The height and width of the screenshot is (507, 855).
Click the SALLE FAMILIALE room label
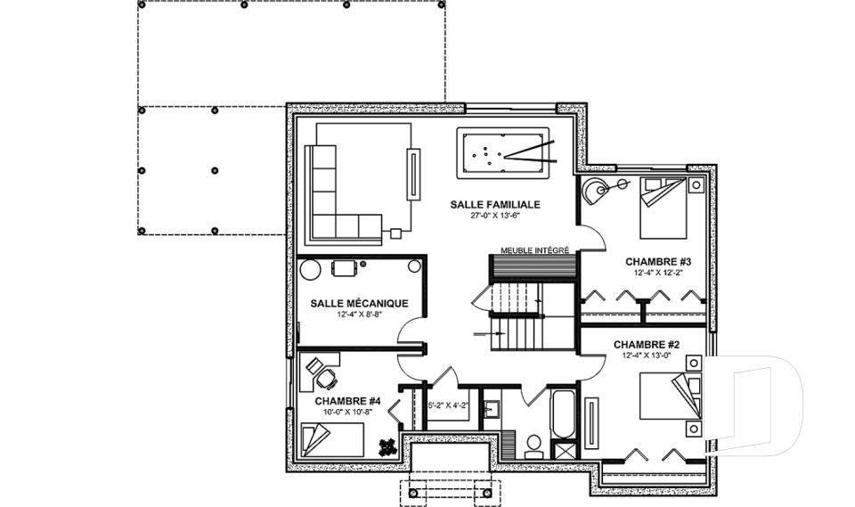[x=495, y=205]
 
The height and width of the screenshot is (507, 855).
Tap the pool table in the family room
[x=502, y=152]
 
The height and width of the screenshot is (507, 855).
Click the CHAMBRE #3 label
[x=658, y=262]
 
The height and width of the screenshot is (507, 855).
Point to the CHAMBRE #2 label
[x=647, y=345]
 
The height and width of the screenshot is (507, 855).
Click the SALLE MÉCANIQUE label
[x=359, y=304]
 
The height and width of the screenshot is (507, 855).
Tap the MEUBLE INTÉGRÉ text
[x=535, y=250]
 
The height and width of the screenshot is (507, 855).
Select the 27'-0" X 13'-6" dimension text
[x=495, y=216]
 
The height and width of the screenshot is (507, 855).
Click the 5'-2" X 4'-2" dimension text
[x=448, y=405]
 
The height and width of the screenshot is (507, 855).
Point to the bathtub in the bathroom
[x=562, y=413]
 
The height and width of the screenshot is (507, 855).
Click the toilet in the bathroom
[x=533, y=446]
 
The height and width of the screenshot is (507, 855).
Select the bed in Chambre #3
[x=663, y=208]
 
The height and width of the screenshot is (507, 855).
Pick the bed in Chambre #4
[x=332, y=440]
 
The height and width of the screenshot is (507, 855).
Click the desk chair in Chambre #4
[x=327, y=378]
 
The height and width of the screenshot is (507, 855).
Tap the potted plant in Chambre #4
[x=387, y=447]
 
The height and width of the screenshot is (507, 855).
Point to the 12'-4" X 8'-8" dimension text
[x=359, y=315]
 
